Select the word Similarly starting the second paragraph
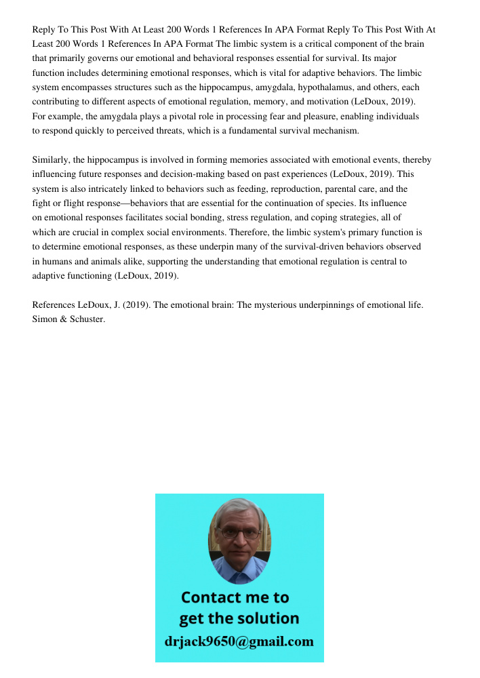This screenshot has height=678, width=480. coord(51,160)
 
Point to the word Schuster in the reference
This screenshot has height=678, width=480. coord(86,319)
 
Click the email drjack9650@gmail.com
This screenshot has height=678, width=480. coord(239,641)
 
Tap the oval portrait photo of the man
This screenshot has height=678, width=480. coord(239,540)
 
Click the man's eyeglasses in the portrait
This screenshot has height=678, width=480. coord(239,533)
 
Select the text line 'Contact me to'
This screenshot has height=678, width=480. coord(235,597)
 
